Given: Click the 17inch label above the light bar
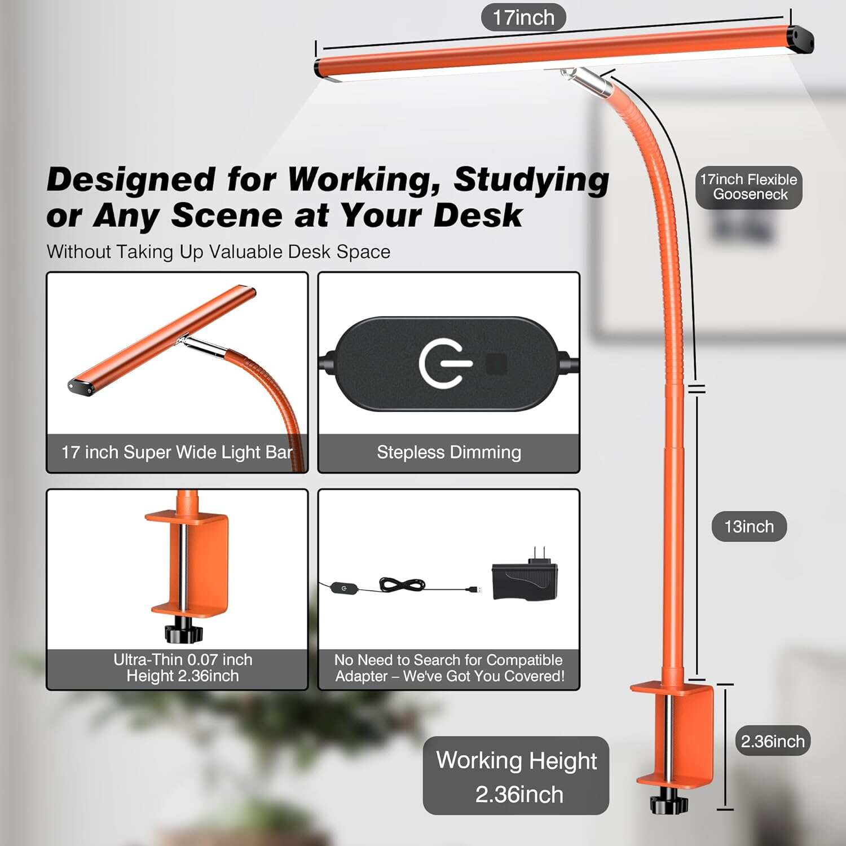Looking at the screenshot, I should coord(523,17).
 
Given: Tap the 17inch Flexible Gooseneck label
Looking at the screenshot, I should coord(748,187).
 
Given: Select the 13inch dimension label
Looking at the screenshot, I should coord(748,526).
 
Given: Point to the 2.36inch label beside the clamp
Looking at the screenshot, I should coord(772,741).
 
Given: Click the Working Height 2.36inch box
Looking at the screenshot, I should coord(516,776).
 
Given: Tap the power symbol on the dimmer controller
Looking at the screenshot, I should coord(443,363).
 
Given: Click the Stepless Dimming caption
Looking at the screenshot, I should coord(449,452).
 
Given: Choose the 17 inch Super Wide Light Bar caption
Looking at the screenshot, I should coord(177,452).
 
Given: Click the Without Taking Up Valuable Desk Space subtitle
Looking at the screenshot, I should coord(218,252).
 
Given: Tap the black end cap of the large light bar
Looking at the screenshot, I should coord(801,39).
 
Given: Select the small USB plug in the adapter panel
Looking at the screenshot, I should coord(474,589).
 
